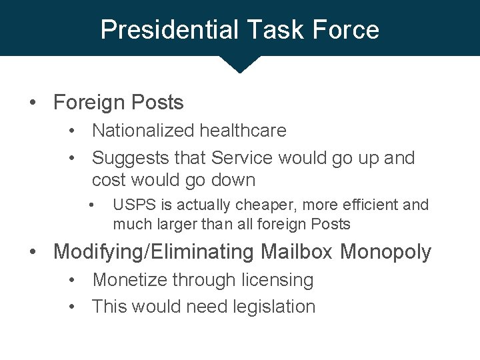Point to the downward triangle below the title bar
239,63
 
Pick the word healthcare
246,131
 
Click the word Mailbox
297,252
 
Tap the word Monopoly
385,252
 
